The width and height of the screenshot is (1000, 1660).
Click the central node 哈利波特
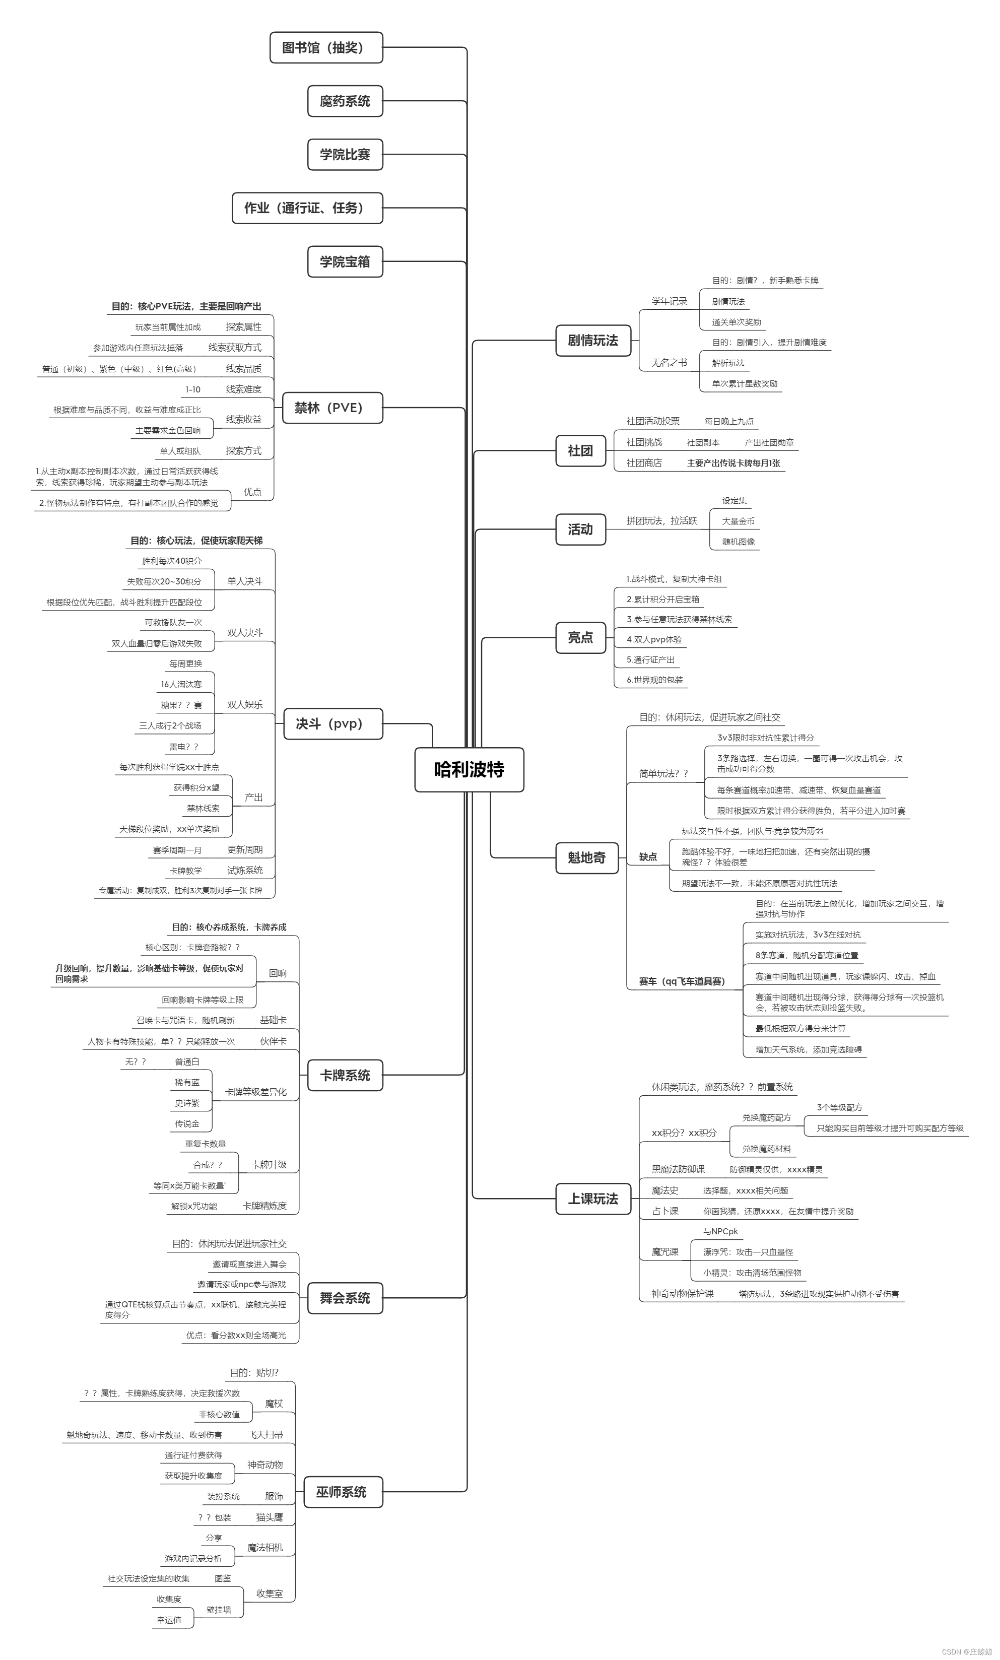(x=469, y=769)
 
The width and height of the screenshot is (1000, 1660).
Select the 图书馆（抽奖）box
(x=326, y=48)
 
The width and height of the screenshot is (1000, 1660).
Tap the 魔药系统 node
(x=345, y=101)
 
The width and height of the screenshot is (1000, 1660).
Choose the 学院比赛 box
(x=345, y=154)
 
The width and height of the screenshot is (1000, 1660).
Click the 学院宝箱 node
(x=345, y=261)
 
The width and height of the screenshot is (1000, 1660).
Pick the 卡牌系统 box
(x=345, y=1075)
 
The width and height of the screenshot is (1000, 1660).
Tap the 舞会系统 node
(x=345, y=1298)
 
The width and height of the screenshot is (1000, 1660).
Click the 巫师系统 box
(x=341, y=1492)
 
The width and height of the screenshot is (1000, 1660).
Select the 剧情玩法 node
(x=593, y=340)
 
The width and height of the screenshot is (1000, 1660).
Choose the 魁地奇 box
(x=587, y=857)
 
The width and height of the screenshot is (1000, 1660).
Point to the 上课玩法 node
(x=593, y=1199)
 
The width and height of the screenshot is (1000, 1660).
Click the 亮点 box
(x=580, y=637)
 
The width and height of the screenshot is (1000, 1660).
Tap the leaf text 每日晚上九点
(x=729, y=421)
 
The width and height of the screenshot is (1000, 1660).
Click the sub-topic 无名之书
(x=669, y=362)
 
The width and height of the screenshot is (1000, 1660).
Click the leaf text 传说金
(x=187, y=1124)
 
